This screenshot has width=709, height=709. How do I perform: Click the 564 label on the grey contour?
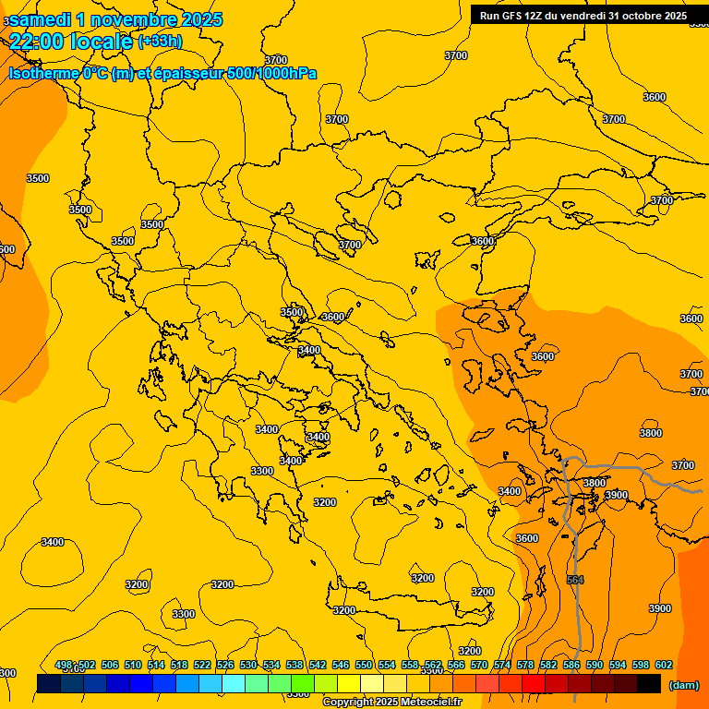(x=575, y=580)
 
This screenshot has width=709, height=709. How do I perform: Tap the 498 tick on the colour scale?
(x=64, y=665)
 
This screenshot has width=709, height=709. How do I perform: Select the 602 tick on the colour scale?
(x=664, y=665)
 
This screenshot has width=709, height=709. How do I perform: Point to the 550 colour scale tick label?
(x=364, y=665)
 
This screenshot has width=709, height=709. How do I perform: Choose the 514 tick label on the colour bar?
(x=156, y=665)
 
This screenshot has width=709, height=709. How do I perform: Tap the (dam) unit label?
(x=683, y=685)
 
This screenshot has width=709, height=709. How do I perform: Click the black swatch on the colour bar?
(x=649, y=683)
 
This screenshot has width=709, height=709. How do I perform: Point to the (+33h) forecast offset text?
(x=160, y=41)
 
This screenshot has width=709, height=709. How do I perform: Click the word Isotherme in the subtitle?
(x=43, y=74)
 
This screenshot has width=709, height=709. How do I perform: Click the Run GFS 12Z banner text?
(x=517, y=16)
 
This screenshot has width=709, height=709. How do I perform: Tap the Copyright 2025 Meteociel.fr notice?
(x=391, y=703)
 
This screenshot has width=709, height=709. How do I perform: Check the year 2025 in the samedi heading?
(x=196, y=19)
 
